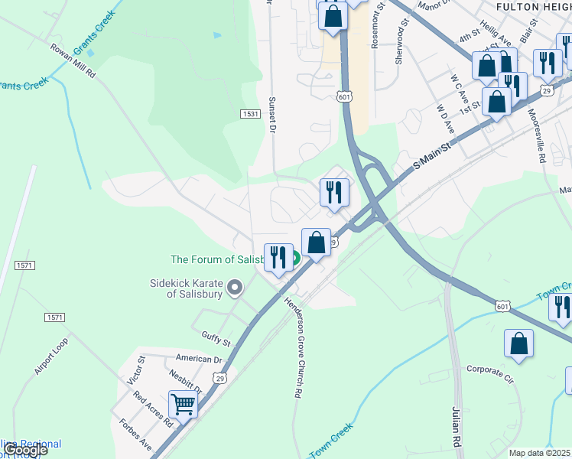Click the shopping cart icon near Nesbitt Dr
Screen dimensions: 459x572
point(183,403)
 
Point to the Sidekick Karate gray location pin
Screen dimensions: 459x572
point(235,288)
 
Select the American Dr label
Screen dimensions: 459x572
point(198,358)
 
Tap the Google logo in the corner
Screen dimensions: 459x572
point(26,450)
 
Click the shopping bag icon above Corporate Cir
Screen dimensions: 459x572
point(518,343)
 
